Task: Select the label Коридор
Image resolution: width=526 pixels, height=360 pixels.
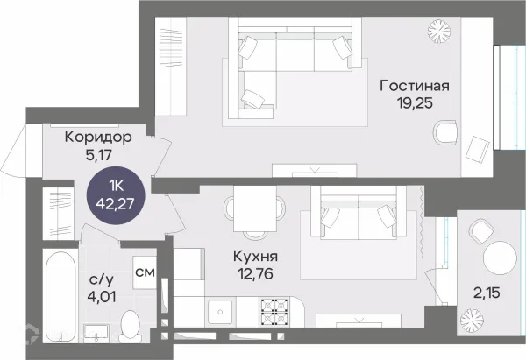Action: pyautogui.click(x=98, y=137)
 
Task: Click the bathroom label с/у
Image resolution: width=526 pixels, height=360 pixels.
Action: pyautogui.click(x=101, y=279)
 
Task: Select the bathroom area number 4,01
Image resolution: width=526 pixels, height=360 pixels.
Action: pyautogui.click(x=101, y=296)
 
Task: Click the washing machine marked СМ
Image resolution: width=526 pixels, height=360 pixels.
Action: pyautogui.click(x=146, y=272)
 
